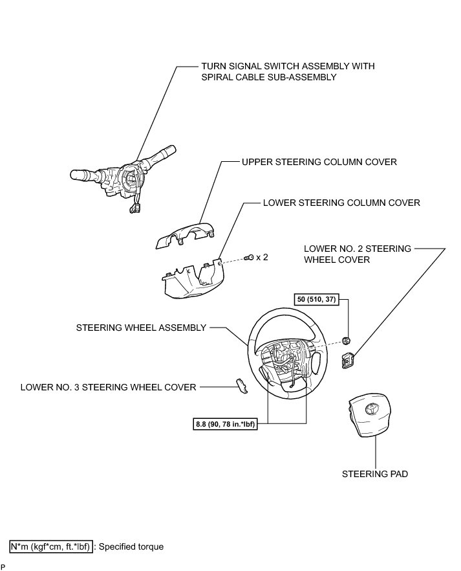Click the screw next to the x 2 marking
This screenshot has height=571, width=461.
click(249, 258)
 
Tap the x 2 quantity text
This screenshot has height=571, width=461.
click(262, 257)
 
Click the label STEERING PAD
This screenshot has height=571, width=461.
click(366, 474)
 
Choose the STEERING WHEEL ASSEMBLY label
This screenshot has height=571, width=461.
click(141, 328)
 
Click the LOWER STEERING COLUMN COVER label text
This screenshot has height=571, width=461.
click(341, 203)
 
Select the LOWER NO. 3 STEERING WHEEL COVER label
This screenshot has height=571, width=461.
click(108, 387)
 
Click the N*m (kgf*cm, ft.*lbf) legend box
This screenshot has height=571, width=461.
click(50, 546)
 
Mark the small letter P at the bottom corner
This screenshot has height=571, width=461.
click(3, 566)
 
